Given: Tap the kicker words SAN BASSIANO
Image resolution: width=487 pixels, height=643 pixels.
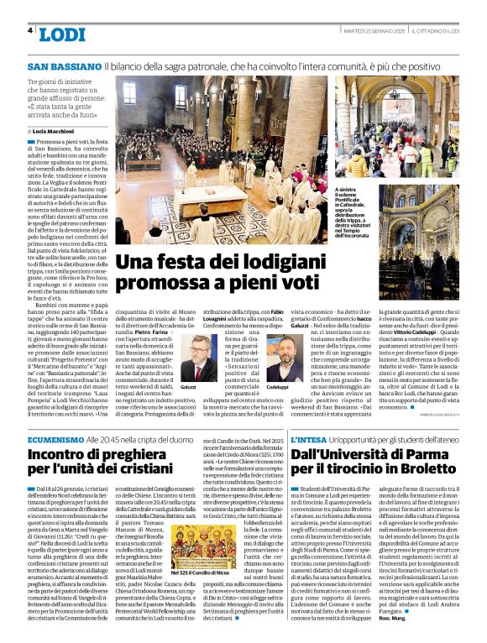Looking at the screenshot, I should click(x=63, y=65).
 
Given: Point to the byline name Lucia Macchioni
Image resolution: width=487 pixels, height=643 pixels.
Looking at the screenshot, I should click(x=55, y=132).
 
